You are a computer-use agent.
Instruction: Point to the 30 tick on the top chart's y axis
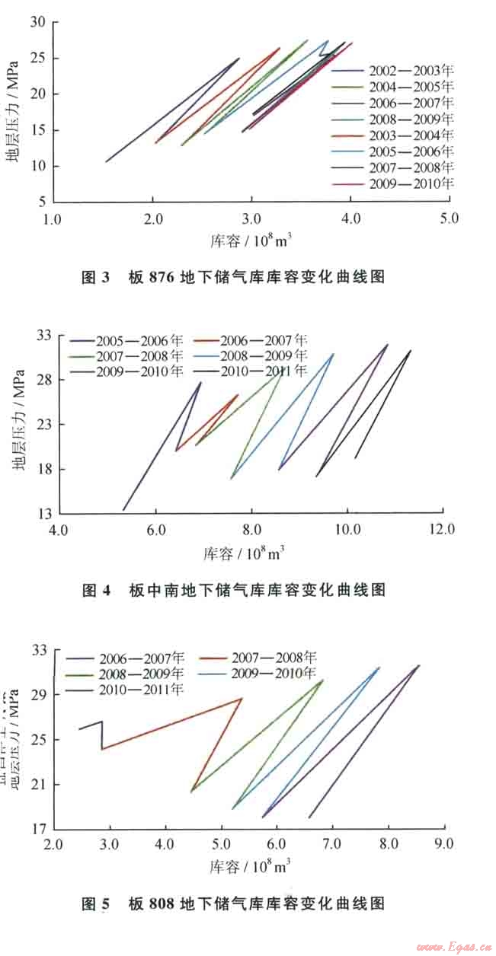(x=38, y=22)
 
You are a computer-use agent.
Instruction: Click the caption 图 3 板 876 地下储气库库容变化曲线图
(x=233, y=278)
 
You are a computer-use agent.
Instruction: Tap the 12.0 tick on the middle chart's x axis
(x=443, y=530)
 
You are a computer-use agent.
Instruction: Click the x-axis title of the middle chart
(x=244, y=553)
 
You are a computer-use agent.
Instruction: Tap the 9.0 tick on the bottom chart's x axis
(x=443, y=844)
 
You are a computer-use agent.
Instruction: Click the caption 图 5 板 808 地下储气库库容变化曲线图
(x=233, y=903)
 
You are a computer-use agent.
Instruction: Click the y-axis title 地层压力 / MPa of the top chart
(x=13, y=113)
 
